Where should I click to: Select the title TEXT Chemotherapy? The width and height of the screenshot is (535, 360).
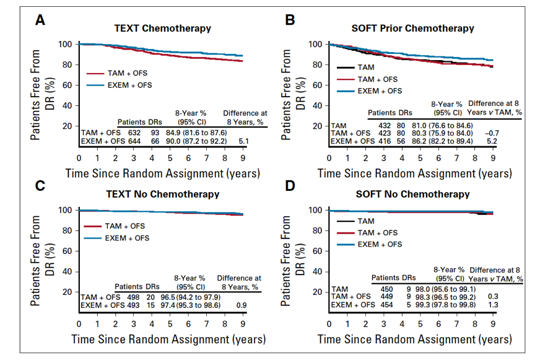click(x=162, y=28)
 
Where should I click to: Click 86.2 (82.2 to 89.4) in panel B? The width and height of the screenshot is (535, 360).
click(x=432, y=141)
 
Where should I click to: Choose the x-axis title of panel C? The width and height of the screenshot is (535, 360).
click(x=168, y=339)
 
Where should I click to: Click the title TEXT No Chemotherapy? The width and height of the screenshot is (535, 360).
click(x=167, y=194)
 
